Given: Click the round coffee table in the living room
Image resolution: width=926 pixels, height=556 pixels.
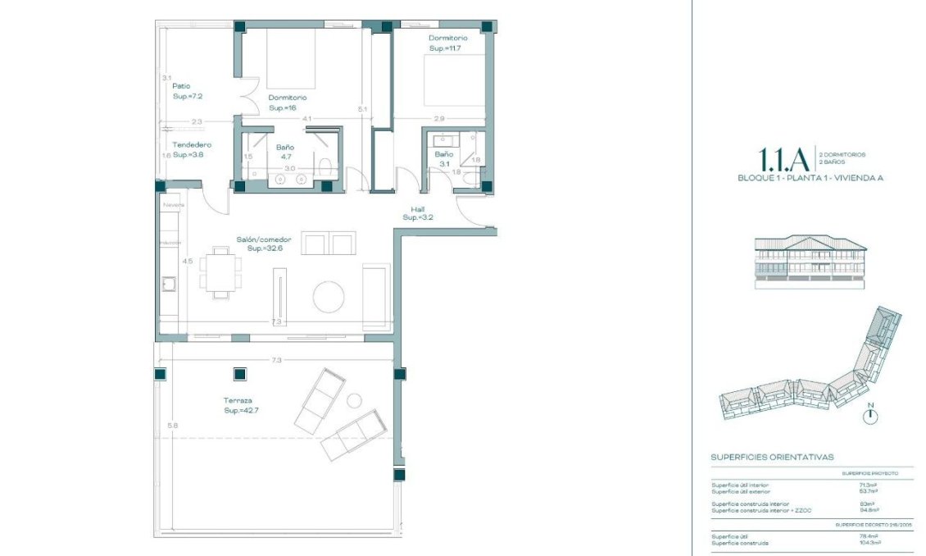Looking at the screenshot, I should click(x=330, y=296).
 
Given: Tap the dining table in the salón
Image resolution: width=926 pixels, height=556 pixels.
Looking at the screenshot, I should click(x=220, y=270).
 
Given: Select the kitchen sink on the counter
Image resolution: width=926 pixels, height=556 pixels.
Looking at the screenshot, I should click(x=170, y=285).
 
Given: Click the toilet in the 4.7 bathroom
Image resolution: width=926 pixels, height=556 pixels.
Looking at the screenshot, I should click(x=325, y=169).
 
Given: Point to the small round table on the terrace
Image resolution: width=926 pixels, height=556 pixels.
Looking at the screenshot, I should click(x=354, y=400).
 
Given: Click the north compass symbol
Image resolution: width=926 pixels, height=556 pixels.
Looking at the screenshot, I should click(x=870, y=416).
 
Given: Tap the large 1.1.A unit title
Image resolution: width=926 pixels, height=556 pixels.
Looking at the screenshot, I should click(x=784, y=157).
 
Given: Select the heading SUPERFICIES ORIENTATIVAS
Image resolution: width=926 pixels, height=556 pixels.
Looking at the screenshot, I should click(x=772, y=458).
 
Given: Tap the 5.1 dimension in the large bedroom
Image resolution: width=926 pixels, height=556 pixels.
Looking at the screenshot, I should click(x=363, y=108).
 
